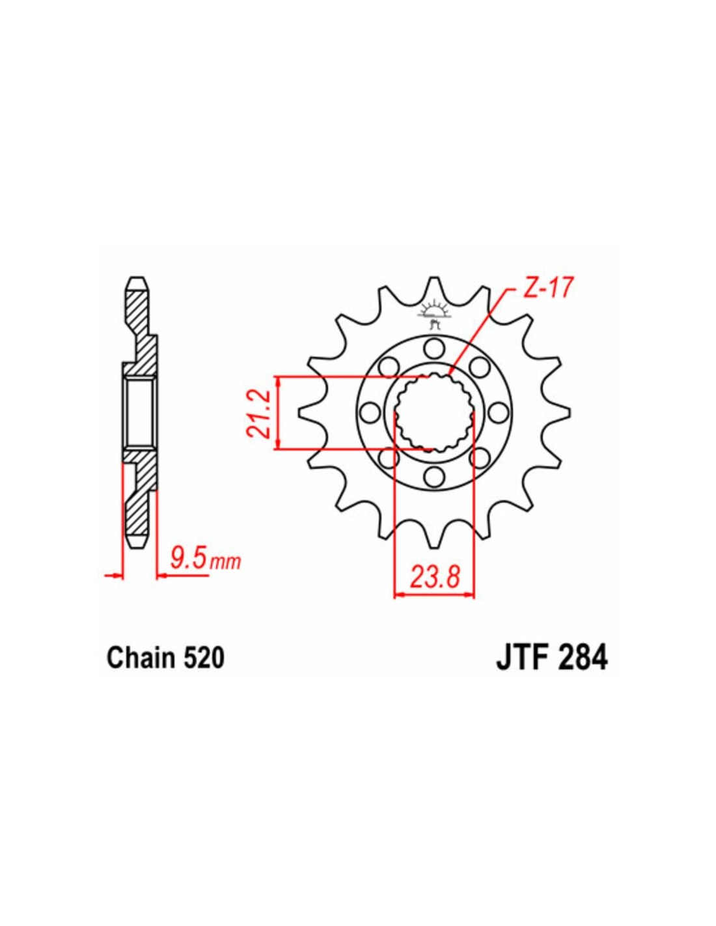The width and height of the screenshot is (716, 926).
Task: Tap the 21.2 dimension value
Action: pyautogui.click(x=260, y=413)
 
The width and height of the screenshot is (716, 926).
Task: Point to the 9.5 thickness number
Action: pyautogui.click(x=188, y=559)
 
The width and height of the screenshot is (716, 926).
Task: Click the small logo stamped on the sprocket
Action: pyautogui.click(x=434, y=314)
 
